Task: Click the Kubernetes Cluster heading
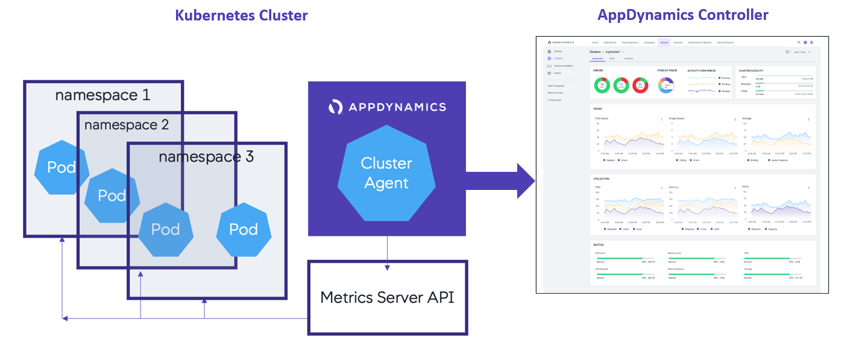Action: [x=241, y=15]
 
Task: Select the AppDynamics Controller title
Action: [x=682, y=14]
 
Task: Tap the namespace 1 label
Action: [x=102, y=95]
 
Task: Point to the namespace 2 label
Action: [x=127, y=125]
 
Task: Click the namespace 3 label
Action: [x=206, y=157]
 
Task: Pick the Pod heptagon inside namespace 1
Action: [x=61, y=168]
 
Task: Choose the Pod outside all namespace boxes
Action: [x=244, y=229]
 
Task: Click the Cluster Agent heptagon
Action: [x=386, y=173]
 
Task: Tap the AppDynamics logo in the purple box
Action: [x=387, y=107]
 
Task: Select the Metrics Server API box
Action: [x=388, y=297]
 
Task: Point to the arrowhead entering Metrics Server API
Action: [x=387, y=267]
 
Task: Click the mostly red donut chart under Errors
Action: [x=640, y=86]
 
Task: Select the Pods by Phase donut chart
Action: [x=666, y=86]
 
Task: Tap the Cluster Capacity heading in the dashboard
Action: [x=752, y=71]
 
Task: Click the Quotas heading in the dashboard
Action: [x=600, y=245]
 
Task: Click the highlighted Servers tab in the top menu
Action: [x=664, y=43]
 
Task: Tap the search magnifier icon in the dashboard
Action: [x=799, y=43]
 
